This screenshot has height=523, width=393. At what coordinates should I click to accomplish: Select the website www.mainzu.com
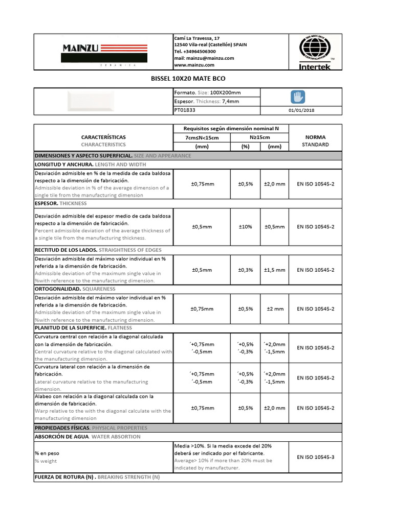pyautogui.click(x=194, y=65)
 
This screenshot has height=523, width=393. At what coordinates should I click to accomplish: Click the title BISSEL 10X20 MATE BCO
pyautogui.click(x=188, y=79)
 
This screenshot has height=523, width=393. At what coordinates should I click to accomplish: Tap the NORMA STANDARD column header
pyautogui.click(x=315, y=140)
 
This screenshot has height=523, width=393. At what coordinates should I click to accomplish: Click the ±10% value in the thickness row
pyautogui.click(x=245, y=227)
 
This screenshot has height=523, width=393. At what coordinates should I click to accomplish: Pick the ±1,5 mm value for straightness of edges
pyautogui.click(x=274, y=270)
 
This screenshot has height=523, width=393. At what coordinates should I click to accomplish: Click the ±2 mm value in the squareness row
pyautogui.click(x=274, y=309)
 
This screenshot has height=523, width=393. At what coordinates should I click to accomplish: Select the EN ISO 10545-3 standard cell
pyautogui.click(x=315, y=457)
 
